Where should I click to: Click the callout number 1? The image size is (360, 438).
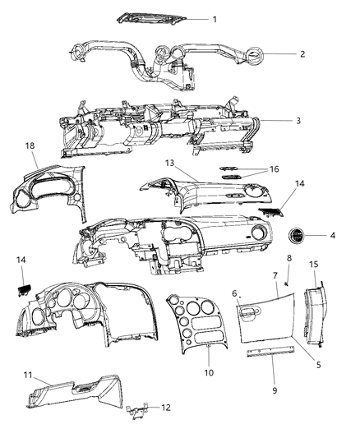(x=215, y=18)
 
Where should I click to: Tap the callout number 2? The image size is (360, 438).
(x=302, y=54)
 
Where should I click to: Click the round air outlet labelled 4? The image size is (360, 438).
(x=295, y=237)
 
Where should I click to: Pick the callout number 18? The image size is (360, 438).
(x=30, y=146)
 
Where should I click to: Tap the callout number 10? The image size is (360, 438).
(x=209, y=373)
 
